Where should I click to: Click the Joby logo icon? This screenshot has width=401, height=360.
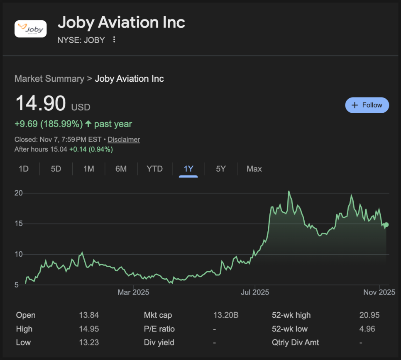[31, 29]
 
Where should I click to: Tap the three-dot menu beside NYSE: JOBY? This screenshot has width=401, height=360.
[114, 40]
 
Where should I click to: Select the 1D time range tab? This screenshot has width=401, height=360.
[24, 169]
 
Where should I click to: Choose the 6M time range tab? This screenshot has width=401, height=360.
[121, 169]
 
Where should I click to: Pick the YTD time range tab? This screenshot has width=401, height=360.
[154, 169]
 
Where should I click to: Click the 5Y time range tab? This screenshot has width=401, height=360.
[221, 169]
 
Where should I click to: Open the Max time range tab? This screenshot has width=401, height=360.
[254, 169]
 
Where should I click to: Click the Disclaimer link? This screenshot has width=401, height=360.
[124, 139]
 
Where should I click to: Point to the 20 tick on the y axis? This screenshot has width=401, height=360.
[18, 193]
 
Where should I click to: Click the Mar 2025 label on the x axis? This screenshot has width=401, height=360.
[133, 292]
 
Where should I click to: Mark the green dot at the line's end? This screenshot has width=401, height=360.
[386, 225]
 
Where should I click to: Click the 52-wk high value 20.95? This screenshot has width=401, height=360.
[369, 315]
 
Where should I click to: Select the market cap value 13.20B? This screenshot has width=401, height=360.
[226, 315]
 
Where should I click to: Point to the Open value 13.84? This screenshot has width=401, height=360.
[89, 315]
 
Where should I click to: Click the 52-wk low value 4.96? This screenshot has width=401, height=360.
[367, 329]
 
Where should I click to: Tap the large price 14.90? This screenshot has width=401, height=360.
[40, 103]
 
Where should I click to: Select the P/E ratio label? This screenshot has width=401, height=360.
[159, 329]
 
